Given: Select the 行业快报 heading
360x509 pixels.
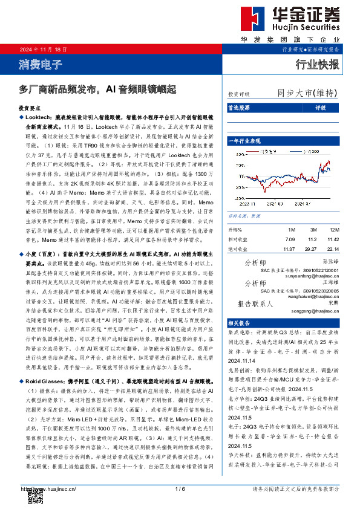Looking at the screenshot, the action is pyautogui.click(x=317, y=64).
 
